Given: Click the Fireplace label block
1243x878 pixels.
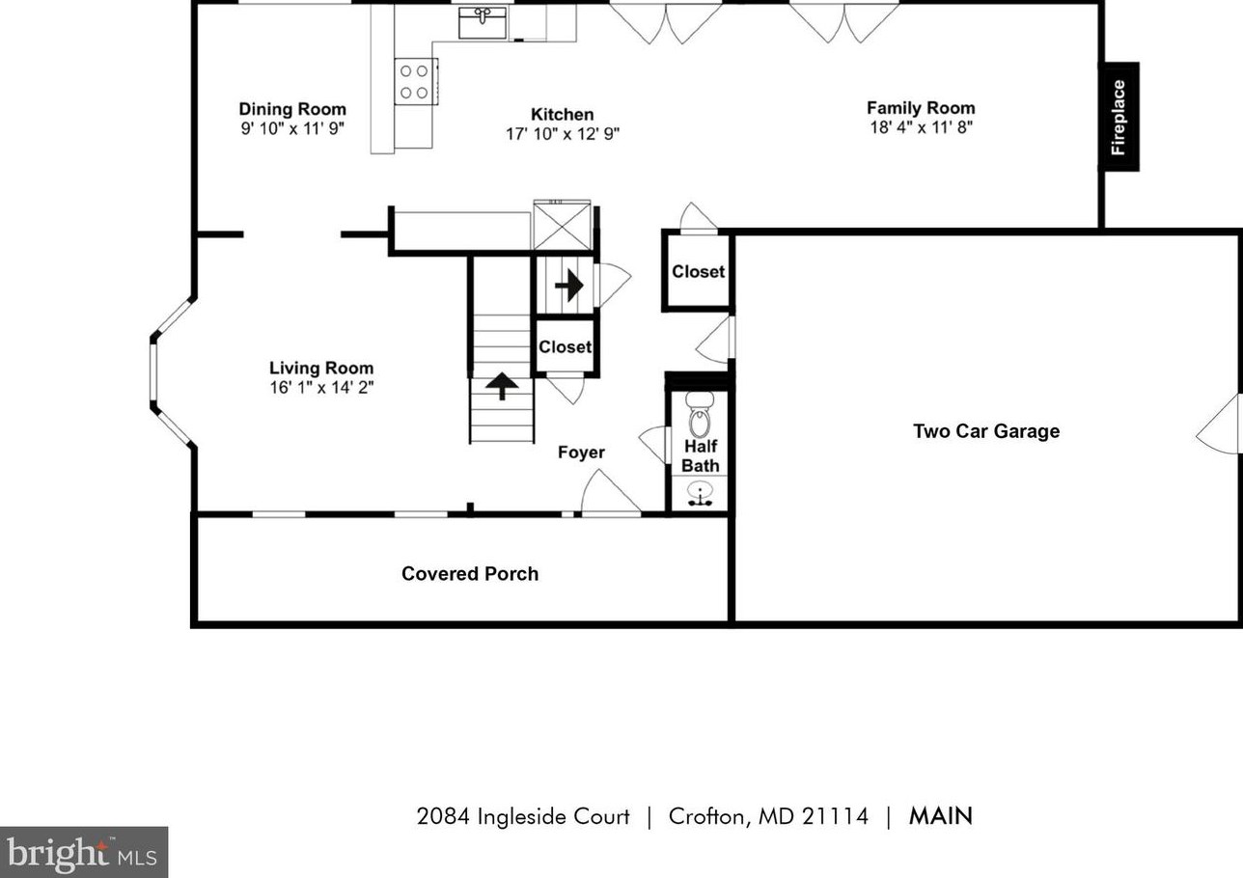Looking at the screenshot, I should (x=1119, y=117).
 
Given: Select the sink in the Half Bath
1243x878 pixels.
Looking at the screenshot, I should (x=701, y=493).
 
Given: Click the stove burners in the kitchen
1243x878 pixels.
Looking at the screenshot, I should (x=415, y=81).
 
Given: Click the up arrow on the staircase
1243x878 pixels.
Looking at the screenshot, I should (x=502, y=386).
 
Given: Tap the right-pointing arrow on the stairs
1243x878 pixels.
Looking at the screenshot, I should (x=568, y=285).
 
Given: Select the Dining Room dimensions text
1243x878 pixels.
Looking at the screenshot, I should (x=292, y=128).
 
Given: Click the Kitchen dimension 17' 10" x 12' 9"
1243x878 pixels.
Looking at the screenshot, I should (x=563, y=134).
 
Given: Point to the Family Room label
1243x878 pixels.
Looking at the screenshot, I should (x=921, y=108).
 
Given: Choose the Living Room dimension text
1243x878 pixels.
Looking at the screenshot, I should (x=321, y=388).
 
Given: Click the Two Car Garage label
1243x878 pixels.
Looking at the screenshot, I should (x=986, y=431).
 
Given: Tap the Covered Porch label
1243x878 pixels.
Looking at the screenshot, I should (x=470, y=574).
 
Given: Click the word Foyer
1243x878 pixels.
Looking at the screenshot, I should (x=582, y=453).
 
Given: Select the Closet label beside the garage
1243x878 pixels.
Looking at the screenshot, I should (x=698, y=272).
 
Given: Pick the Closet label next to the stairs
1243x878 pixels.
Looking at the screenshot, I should (x=565, y=347).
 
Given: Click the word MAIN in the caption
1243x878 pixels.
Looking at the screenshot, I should (x=941, y=816).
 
